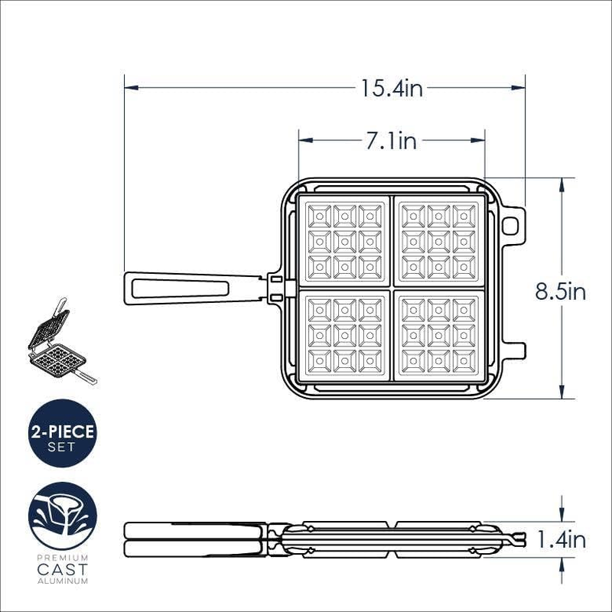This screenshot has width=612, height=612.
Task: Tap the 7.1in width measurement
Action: point(391,141)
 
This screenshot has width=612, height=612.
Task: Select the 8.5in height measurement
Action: point(562,292)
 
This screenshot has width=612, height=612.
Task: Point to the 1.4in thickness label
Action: point(562,540)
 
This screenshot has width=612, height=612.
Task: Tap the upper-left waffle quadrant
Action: point(345,241)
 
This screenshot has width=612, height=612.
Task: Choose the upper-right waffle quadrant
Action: point(438,241)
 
